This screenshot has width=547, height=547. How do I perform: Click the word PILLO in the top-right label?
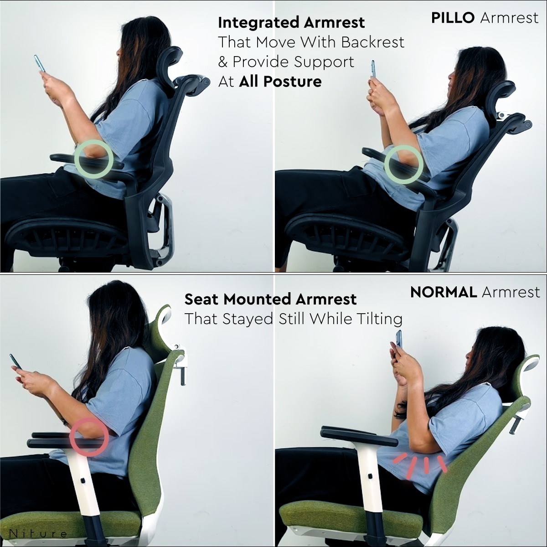pos(453,18)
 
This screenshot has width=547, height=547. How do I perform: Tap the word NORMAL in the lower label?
pos(444,292)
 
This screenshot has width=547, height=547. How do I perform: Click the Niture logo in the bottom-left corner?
pos(38,534)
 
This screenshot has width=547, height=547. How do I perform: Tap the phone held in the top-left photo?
pos(40,63)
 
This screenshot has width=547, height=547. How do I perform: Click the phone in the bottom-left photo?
pos(15,361)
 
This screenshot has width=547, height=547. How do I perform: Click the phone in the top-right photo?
pos(373,69)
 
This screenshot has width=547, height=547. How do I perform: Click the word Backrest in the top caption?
pos(372,42)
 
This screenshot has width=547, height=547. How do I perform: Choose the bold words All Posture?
pos(280,82)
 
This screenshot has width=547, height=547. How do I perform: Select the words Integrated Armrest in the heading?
pos(291,23)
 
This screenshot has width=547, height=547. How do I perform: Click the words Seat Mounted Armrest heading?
pos(270,299)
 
